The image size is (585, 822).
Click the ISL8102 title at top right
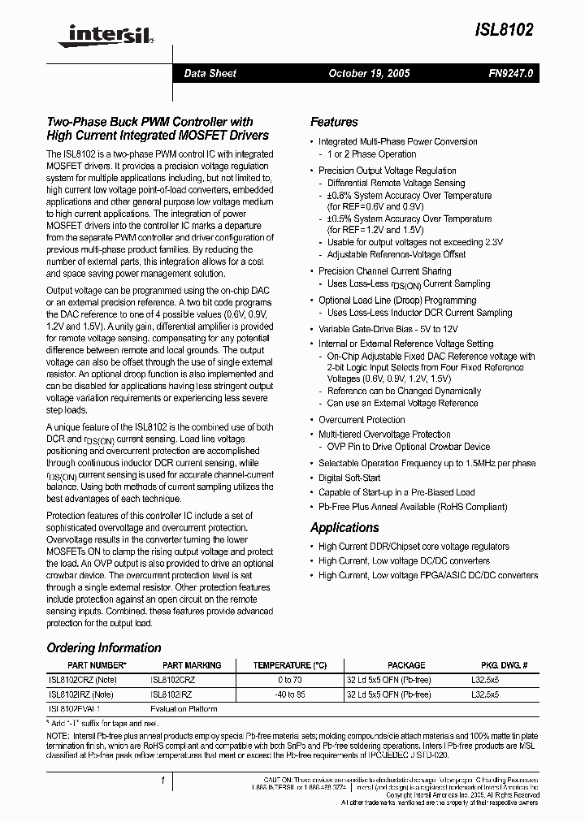[505, 29]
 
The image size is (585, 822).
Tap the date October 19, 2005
[369, 73]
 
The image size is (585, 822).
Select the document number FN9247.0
[510, 73]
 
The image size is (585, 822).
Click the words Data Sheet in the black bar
[210, 73]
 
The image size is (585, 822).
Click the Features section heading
[334, 122]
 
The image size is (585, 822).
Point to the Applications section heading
[344, 528]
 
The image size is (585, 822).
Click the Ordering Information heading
[104, 647]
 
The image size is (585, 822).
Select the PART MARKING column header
[192, 664]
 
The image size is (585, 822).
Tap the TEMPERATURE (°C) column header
[289, 664]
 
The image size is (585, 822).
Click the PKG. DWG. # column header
[499, 664]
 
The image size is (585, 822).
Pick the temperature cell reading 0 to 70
[289, 679]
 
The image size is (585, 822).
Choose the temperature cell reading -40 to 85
[289, 694]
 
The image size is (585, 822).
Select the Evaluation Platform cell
[184, 709]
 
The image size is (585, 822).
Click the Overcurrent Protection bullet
[362, 420]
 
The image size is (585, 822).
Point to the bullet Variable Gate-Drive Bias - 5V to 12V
[388, 329]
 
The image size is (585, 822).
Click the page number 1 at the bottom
[163, 781]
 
